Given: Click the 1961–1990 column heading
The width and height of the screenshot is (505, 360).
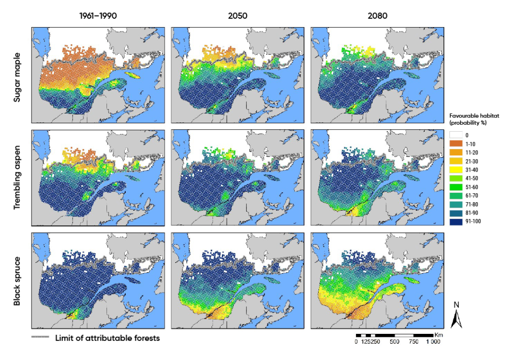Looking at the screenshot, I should click(x=100, y=16).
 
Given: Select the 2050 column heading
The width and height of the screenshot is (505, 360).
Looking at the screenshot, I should click(x=237, y=16).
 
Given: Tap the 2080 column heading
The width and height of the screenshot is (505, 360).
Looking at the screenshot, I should click(x=377, y=16).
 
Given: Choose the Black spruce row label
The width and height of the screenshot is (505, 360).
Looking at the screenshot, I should click(x=18, y=280).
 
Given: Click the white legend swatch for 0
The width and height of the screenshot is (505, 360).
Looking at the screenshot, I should click(x=456, y=134).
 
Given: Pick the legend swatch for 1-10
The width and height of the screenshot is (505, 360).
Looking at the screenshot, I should click(x=456, y=143).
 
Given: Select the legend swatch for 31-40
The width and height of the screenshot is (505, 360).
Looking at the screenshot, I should click(x=456, y=169).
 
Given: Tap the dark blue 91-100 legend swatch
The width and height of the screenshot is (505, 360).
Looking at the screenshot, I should click(x=456, y=221).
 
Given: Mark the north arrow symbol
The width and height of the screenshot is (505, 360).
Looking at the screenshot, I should click(x=457, y=316).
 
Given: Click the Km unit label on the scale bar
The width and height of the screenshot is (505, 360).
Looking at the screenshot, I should click(x=438, y=335).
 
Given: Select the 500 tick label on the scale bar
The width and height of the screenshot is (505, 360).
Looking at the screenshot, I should click(x=394, y=343).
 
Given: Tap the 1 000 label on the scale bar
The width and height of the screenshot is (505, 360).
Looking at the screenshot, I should click(x=433, y=343).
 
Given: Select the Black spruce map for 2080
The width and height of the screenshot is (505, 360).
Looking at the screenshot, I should click(x=377, y=280).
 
